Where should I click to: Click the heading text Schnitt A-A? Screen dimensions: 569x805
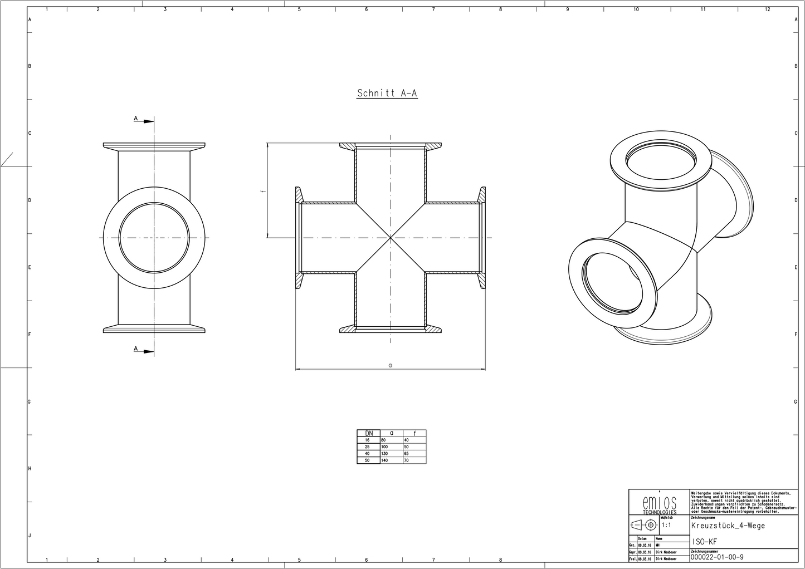387,94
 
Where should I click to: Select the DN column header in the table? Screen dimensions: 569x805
368,433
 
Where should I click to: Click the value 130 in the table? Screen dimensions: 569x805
384,454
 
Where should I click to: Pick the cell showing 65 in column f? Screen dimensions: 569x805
407,454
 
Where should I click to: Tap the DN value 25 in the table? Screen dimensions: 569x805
368,447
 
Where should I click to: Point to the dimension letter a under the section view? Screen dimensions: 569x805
390,365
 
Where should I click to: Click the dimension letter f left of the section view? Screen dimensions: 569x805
262,191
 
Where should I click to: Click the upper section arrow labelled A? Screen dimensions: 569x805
144,120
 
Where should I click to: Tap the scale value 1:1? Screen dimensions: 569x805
666,525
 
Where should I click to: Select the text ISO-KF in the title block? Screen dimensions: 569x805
704,542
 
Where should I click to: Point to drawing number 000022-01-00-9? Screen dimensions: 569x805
716,557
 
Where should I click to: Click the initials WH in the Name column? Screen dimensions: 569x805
659,545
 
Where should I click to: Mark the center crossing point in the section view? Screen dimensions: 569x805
390,238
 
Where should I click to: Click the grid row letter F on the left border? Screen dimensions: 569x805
29,335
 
